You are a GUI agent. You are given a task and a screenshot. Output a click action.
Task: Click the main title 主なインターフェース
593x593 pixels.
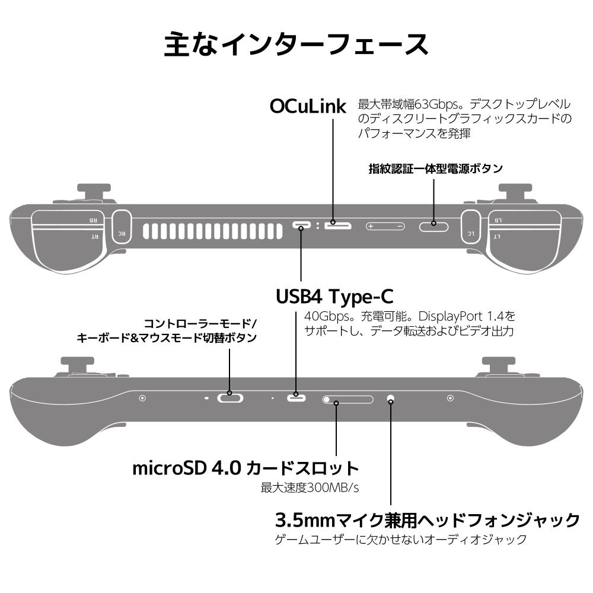coord(296,44)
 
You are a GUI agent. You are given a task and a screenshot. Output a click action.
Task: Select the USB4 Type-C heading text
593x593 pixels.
coord(334,295)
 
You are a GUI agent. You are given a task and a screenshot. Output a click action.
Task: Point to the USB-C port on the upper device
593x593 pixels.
coord(301,225)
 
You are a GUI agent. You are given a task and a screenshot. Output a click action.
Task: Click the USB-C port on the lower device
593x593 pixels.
coord(296,397)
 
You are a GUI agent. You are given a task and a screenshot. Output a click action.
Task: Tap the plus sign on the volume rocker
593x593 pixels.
coord(371,226)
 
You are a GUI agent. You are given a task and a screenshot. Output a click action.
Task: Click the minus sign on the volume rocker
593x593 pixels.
coord(400,226)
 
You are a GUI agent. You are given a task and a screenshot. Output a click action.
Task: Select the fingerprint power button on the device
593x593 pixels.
coord(433,225)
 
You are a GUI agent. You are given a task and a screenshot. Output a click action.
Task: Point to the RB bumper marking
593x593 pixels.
coord(93,220)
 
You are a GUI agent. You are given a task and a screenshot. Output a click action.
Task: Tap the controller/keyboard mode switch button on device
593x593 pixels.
coord(231,398)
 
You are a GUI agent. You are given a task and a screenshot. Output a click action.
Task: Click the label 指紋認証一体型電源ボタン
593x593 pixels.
coord(435,168)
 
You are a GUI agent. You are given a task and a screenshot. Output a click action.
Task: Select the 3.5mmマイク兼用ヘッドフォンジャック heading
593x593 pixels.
coord(428,520)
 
